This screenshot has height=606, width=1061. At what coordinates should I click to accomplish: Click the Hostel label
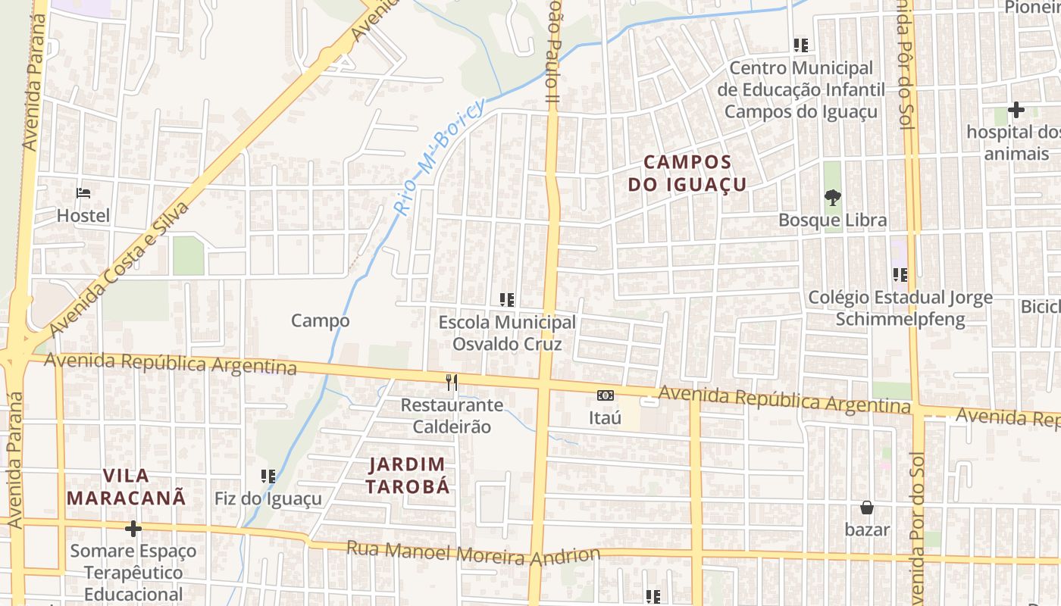(83, 216)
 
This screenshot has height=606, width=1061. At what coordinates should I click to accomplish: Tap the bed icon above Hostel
(83, 193)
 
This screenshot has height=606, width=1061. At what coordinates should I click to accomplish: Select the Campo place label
(321, 320)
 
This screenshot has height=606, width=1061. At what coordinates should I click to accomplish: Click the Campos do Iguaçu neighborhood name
(687, 173)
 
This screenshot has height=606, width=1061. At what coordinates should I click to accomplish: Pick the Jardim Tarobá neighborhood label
(408, 475)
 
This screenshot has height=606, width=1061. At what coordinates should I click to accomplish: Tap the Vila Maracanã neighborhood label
(127, 486)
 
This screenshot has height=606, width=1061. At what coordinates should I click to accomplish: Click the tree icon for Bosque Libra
(833, 198)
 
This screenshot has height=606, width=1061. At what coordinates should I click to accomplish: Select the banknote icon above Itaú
(605, 395)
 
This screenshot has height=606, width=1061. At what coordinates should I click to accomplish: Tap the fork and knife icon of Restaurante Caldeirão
(452, 383)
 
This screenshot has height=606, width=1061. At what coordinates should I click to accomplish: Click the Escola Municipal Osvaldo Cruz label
(507, 333)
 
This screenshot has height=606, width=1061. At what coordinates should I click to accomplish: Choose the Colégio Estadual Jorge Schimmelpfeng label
(900, 308)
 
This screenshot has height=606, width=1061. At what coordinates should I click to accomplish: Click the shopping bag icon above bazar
(867, 508)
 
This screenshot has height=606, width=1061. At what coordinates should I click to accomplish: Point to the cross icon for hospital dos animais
(1016, 111)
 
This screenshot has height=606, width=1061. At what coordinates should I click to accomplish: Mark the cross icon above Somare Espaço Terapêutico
(133, 528)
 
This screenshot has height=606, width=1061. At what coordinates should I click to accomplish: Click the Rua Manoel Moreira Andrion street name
(474, 552)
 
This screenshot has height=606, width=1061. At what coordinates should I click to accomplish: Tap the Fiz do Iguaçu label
(268, 499)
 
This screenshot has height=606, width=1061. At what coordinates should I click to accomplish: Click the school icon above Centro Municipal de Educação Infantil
(801, 45)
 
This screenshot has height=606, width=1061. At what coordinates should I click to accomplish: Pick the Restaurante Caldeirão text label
(452, 416)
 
